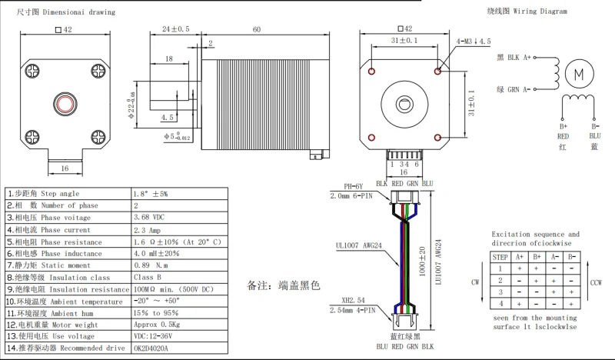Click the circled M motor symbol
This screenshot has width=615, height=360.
tap(580, 74)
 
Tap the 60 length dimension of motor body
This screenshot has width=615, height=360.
tap(257, 29)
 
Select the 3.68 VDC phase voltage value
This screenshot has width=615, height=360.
tap(149, 217)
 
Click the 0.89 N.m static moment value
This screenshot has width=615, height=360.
tap(151, 265)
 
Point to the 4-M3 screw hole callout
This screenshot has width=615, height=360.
tap(474, 42)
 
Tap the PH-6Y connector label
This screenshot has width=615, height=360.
tap(354, 186)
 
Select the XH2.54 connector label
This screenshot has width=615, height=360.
tap(353, 300)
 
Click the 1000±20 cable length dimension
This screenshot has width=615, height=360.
tap(422, 262)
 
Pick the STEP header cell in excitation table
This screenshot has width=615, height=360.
tap(500, 257)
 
